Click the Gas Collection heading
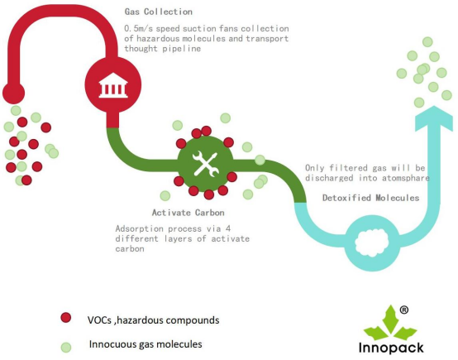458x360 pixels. [158, 12]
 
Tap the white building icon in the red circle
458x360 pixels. [113, 85]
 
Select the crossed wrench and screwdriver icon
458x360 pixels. [206, 164]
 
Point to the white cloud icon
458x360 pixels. [372, 242]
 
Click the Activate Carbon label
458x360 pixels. [188, 213]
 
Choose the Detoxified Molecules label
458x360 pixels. [370, 198]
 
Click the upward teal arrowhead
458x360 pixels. [434, 118]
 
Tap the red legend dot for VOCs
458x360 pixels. [66, 318]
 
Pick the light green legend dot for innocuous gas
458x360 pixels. [66, 347]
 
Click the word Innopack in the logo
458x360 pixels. [391, 348]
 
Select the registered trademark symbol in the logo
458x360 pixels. [403, 310]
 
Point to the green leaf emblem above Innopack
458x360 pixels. [389, 323]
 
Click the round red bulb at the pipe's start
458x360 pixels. [13, 94]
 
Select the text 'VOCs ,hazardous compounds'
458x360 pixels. [153, 320]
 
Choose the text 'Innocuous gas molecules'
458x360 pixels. [146, 344]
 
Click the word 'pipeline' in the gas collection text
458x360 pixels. [181, 49]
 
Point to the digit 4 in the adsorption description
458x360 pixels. [228, 228]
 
